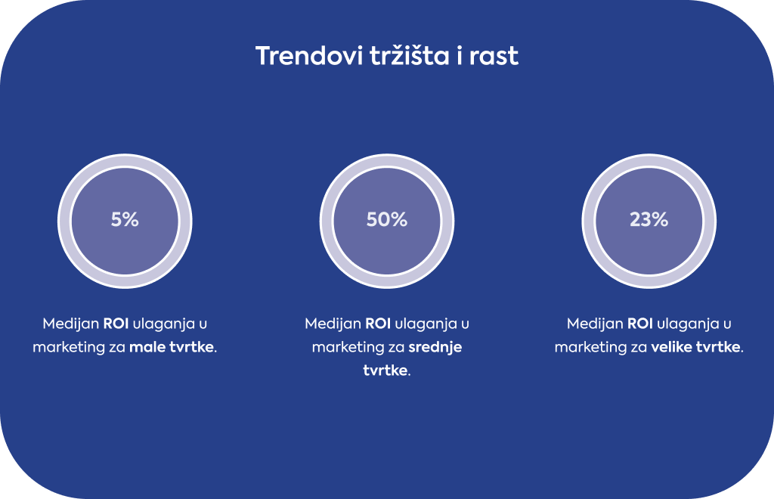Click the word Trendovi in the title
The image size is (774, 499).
(309, 55)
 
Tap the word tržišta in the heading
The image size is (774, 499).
(410, 55)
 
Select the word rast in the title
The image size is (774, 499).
(494, 56)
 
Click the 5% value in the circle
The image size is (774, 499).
(125, 220)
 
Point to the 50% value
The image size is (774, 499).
(387, 220)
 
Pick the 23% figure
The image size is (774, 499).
(649, 220)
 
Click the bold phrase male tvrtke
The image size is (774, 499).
(172, 347)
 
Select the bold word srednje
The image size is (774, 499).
(435, 348)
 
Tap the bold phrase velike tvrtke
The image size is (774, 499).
(696, 347)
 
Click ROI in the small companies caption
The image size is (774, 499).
(116, 324)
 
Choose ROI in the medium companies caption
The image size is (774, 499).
(378, 324)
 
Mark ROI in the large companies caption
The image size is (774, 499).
(639, 324)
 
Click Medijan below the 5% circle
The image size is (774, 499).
(70, 324)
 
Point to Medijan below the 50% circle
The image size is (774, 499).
(333, 324)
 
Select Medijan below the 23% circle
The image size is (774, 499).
(595, 324)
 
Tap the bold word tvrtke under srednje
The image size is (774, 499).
(385, 370)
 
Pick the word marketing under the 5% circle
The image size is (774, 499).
(69, 348)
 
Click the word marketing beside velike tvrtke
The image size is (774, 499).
(591, 348)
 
